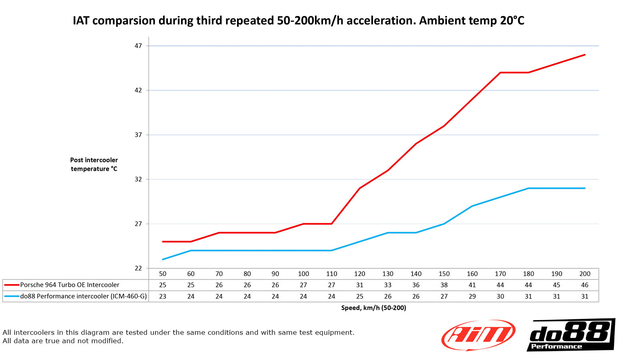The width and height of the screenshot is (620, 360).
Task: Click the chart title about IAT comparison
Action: click(x=298, y=20)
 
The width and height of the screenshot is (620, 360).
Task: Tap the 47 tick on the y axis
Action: click(x=138, y=46)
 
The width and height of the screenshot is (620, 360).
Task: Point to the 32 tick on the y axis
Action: click(x=138, y=179)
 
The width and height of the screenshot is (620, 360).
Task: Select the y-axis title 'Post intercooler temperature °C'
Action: click(x=94, y=164)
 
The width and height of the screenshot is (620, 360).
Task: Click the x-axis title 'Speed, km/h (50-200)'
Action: click(x=373, y=308)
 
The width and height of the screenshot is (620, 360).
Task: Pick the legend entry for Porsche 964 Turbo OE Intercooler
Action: click(x=70, y=285)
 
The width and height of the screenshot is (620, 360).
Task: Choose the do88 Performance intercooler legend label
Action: click(x=84, y=296)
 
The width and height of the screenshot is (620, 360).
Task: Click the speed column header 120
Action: click(x=360, y=274)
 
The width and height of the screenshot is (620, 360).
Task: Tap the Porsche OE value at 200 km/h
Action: click(x=584, y=285)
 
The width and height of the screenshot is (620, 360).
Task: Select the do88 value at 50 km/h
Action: click(x=163, y=296)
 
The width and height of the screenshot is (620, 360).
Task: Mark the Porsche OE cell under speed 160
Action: click(x=472, y=285)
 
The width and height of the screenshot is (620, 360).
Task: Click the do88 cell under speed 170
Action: click(x=500, y=296)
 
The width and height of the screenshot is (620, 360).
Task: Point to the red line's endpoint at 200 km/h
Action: click(x=584, y=55)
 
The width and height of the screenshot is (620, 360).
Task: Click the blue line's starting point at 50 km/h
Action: click(x=163, y=259)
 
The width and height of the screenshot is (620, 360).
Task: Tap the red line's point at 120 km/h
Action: click(x=360, y=188)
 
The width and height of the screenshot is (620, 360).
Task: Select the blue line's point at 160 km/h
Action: click(x=472, y=206)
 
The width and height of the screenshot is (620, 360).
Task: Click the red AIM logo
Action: click(x=478, y=335)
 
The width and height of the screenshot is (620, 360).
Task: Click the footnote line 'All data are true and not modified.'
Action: click(x=63, y=341)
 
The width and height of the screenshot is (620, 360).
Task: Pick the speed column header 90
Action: click(x=275, y=274)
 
